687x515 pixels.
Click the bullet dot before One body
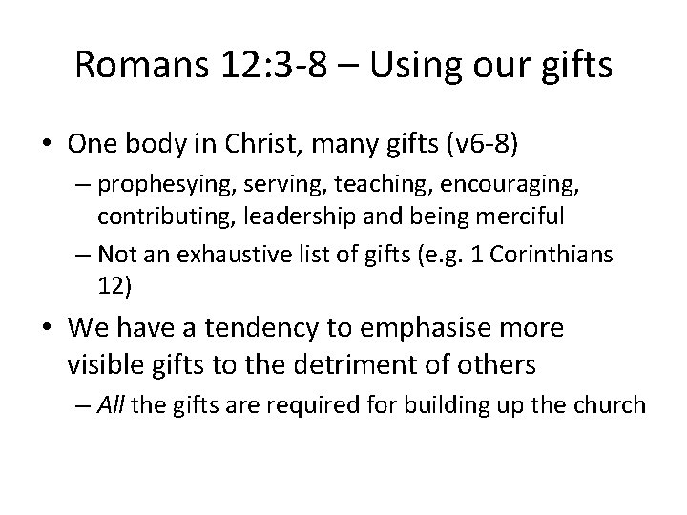click(x=49, y=145)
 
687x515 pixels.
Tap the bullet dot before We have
click(x=49, y=329)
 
